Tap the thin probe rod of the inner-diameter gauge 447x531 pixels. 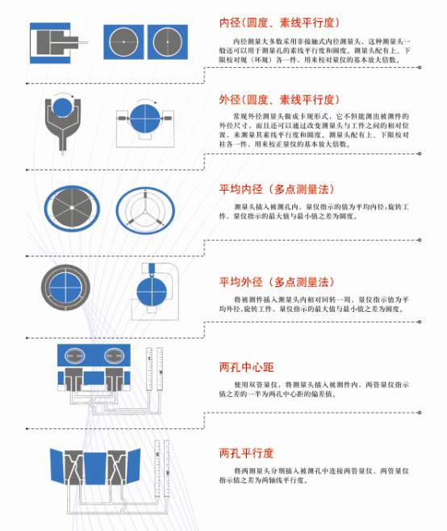(x=82, y=39)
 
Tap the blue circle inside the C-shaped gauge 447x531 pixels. (x=149, y=290)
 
